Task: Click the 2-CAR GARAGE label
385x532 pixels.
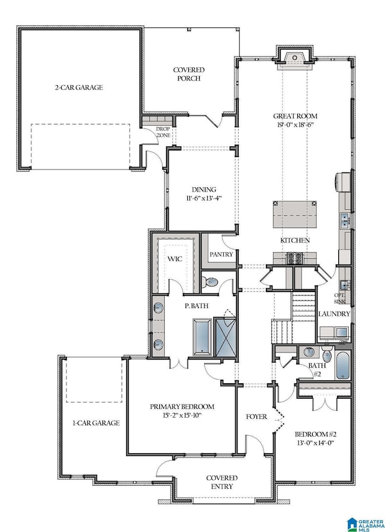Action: click(79, 88)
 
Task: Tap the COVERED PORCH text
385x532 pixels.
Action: click(189, 74)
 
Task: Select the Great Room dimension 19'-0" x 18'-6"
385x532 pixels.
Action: click(295, 124)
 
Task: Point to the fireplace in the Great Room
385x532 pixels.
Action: click(295, 59)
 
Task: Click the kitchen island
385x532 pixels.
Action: click(295, 215)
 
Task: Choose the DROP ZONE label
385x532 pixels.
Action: click(163, 132)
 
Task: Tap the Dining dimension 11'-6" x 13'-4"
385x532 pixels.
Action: click(204, 198)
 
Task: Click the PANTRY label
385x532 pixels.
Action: click(221, 254)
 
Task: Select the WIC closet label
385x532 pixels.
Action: click(175, 259)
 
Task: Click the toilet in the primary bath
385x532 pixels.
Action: click(210, 282)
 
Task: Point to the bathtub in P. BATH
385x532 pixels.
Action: click(203, 337)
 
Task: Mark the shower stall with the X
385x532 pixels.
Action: click(225, 337)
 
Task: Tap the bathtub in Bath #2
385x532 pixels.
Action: click(342, 366)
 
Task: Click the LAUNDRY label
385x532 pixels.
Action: click(334, 314)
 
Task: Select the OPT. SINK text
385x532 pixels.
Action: click(339, 298)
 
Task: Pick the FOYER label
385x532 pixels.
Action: click(256, 416)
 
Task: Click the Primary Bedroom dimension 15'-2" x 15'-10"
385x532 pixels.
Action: click(183, 415)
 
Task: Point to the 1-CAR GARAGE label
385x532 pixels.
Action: click(96, 423)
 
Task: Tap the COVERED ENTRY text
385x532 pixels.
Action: click(222, 482)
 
